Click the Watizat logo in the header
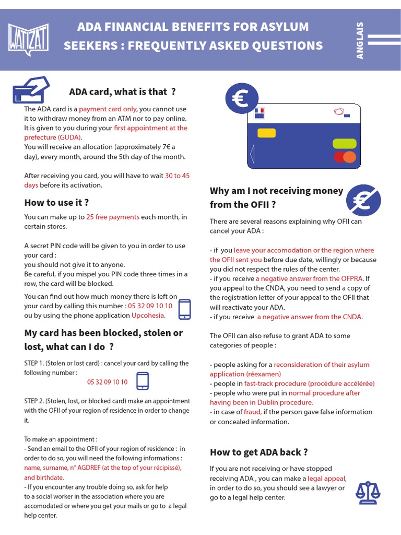pyautogui.click(x=29, y=39)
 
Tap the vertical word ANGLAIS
pyautogui.click(x=360, y=40)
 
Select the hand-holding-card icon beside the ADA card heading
pyautogui.click(x=30, y=90)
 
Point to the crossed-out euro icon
pyautogui.click(x=363, y=200)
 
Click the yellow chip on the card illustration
pyautogui.click(x=266, y=133)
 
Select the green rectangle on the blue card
pyautogui.click(x=344, y=143)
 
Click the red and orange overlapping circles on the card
pyautogui.click(x=344, y=156)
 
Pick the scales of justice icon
pyautogui.click(x=368, y=491)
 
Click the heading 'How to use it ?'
pyautogui.click(x=56, y=203)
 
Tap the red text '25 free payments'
pyautogui.click(x=113, y=217)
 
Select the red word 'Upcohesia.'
pyautogui.click(x=148, y=315)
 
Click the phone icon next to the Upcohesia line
pyautogui.click(x=185, y=309)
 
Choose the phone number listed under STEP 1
pyautogui.click(x=107, y=382)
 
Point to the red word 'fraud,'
pyautogui.click(x=252, y=412)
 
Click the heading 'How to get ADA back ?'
pyautogui.click(x=258, y=452)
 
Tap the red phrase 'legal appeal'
pyautogui.click(x=326, y=478)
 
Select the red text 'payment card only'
pyautogui.click(x=108, y=109)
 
